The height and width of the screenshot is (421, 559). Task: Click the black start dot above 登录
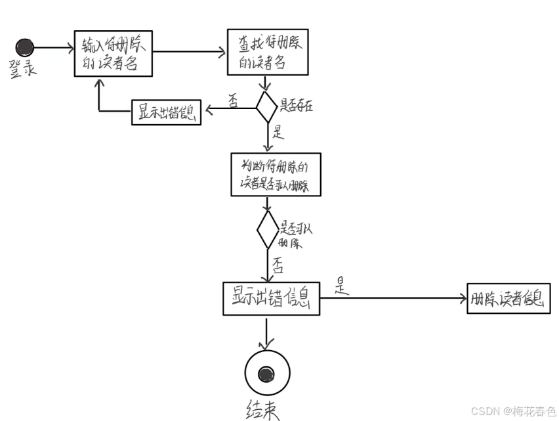pos(25,47)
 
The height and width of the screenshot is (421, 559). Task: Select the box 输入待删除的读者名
pos(114,53)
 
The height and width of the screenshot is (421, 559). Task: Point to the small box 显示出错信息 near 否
pos(166,112)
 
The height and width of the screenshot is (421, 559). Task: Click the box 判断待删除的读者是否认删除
pos(276,174)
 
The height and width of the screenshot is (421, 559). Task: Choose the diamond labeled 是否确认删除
pos(267,229)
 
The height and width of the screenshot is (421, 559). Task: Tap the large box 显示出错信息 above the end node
pos(271,299)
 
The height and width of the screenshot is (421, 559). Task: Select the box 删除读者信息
pos(508,299)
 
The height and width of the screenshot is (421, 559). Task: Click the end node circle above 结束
pos(266,374)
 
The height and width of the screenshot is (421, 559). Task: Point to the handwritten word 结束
pos(262,411)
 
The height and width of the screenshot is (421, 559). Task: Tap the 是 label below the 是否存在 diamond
pos(278,132)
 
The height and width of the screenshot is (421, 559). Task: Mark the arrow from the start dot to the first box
pos(53,47)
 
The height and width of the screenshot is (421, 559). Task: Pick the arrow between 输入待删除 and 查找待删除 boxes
pos(190,51)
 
